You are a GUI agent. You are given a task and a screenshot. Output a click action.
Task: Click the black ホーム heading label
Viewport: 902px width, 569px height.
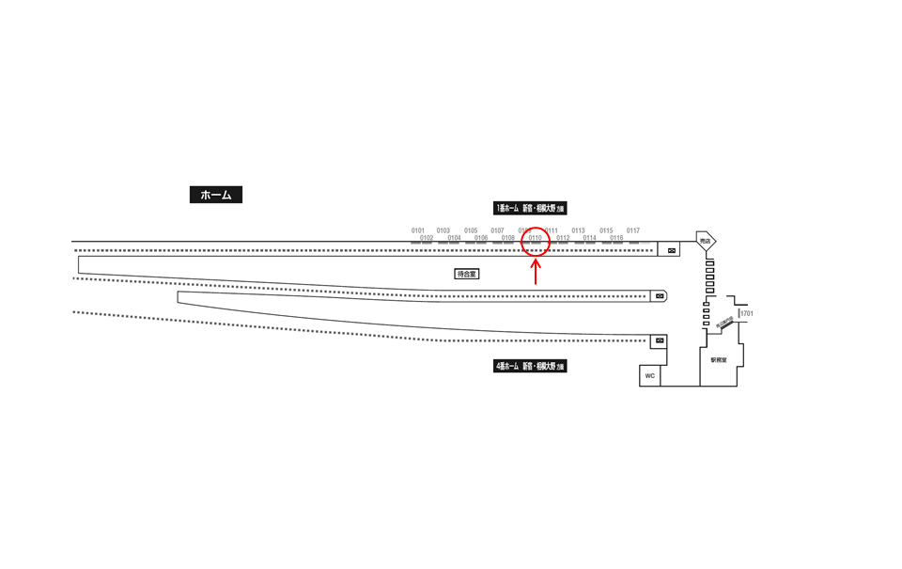216,195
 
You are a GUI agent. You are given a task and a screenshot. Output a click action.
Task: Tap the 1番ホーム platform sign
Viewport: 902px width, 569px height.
530,208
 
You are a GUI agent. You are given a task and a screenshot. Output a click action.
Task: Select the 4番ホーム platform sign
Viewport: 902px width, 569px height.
530,366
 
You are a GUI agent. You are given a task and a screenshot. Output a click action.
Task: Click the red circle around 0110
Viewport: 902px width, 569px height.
536,241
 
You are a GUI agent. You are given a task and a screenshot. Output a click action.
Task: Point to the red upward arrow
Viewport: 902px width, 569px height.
536,272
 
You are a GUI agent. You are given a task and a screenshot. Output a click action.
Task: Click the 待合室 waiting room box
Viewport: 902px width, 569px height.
467,274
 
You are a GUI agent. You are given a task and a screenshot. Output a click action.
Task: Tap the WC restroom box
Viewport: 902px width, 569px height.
649,376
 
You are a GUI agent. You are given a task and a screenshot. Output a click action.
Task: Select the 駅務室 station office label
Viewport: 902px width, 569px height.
719,360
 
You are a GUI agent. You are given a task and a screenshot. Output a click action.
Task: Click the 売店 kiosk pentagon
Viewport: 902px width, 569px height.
706,242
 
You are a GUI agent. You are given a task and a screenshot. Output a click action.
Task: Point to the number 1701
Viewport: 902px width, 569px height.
747,314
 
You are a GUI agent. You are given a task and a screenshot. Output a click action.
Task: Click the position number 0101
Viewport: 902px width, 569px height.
418,230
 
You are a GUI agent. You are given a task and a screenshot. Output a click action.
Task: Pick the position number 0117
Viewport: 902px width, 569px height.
633,230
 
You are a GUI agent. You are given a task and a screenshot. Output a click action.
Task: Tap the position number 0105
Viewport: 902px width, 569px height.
471,230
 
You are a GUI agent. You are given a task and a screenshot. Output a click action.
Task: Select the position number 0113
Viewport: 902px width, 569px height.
578,230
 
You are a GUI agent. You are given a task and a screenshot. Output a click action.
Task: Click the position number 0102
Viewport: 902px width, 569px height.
427,238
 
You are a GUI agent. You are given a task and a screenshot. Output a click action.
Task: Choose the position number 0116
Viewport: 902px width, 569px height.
616,238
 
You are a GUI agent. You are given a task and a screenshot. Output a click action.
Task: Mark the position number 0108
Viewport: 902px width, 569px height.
507,238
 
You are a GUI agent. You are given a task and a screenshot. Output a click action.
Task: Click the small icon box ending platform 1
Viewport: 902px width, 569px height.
672,250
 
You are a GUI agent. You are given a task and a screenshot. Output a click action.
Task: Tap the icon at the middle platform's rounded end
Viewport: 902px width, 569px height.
660,296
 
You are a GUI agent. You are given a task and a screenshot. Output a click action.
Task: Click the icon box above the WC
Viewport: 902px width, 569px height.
660,340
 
